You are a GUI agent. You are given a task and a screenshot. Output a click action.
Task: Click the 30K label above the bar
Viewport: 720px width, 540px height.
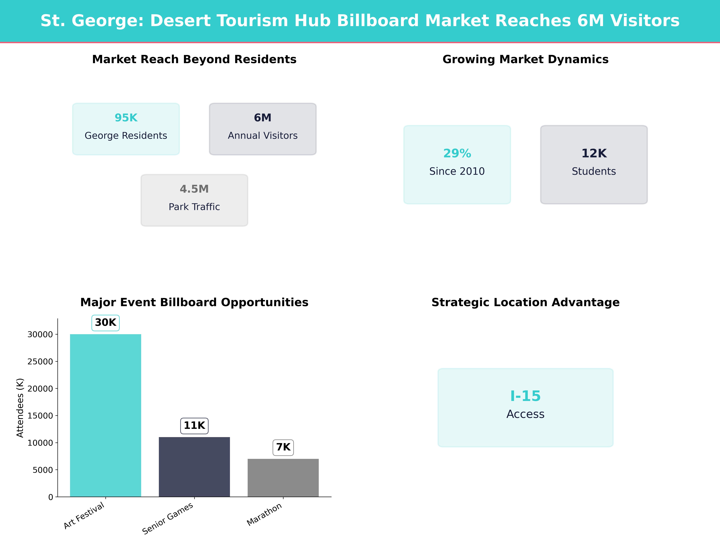click(x=105, y=322)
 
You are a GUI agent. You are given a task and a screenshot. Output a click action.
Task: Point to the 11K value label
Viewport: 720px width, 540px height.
click(x=194, y=425)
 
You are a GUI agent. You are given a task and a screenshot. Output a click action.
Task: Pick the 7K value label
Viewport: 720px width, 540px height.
click(x=283, y=447)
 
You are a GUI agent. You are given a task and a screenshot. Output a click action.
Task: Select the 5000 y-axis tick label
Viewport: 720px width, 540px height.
click(x=43, y=470)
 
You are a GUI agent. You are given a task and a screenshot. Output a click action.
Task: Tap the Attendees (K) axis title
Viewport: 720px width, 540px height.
click(x=20, y=408)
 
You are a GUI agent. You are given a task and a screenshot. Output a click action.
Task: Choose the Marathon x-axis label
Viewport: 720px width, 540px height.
click(x=264, y=514)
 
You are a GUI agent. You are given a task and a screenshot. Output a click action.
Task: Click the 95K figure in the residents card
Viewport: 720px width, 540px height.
click(x=126, y=118)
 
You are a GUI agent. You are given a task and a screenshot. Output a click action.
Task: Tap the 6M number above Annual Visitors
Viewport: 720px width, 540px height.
click(x=263, y=118)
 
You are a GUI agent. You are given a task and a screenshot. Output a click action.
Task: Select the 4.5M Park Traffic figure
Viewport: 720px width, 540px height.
click(x=194, y=189)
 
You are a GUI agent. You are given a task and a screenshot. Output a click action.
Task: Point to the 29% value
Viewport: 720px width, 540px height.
click(x=457, y=153)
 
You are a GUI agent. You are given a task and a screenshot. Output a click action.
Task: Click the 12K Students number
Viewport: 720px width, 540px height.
click(x=594, y=153)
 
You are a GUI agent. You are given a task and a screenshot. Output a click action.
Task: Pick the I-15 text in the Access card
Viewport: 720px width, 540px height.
click(x=525, y=396)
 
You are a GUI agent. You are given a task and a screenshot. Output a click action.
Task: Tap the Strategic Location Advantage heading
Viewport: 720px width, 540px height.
click(x=525, y=302)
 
